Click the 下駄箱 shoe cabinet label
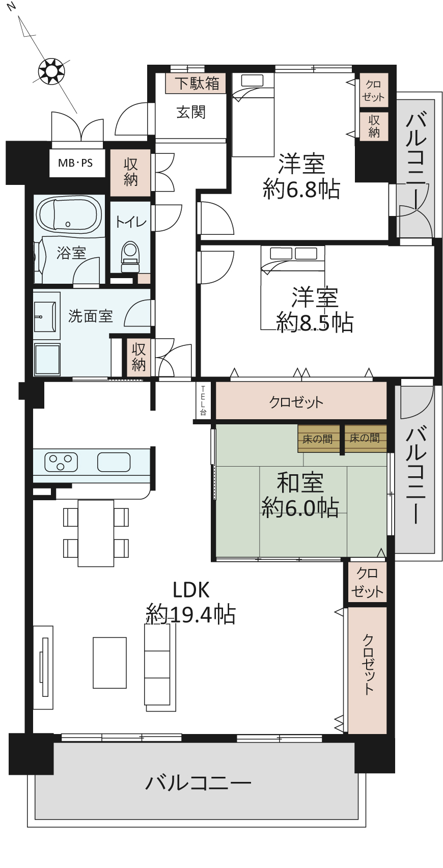point(197,84)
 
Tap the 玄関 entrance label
point(191,112)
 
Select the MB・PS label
point(75,163)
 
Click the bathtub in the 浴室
point(69,214)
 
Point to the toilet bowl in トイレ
point(130,256)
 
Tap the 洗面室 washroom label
point(91,316)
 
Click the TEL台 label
point(203,400)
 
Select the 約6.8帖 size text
point(301,189)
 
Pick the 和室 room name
point(300,483)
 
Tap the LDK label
point(191,590)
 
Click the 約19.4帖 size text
point(190,614)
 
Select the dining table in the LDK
point(96,533)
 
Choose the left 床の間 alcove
point(318,438)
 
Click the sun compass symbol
point(51,71)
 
